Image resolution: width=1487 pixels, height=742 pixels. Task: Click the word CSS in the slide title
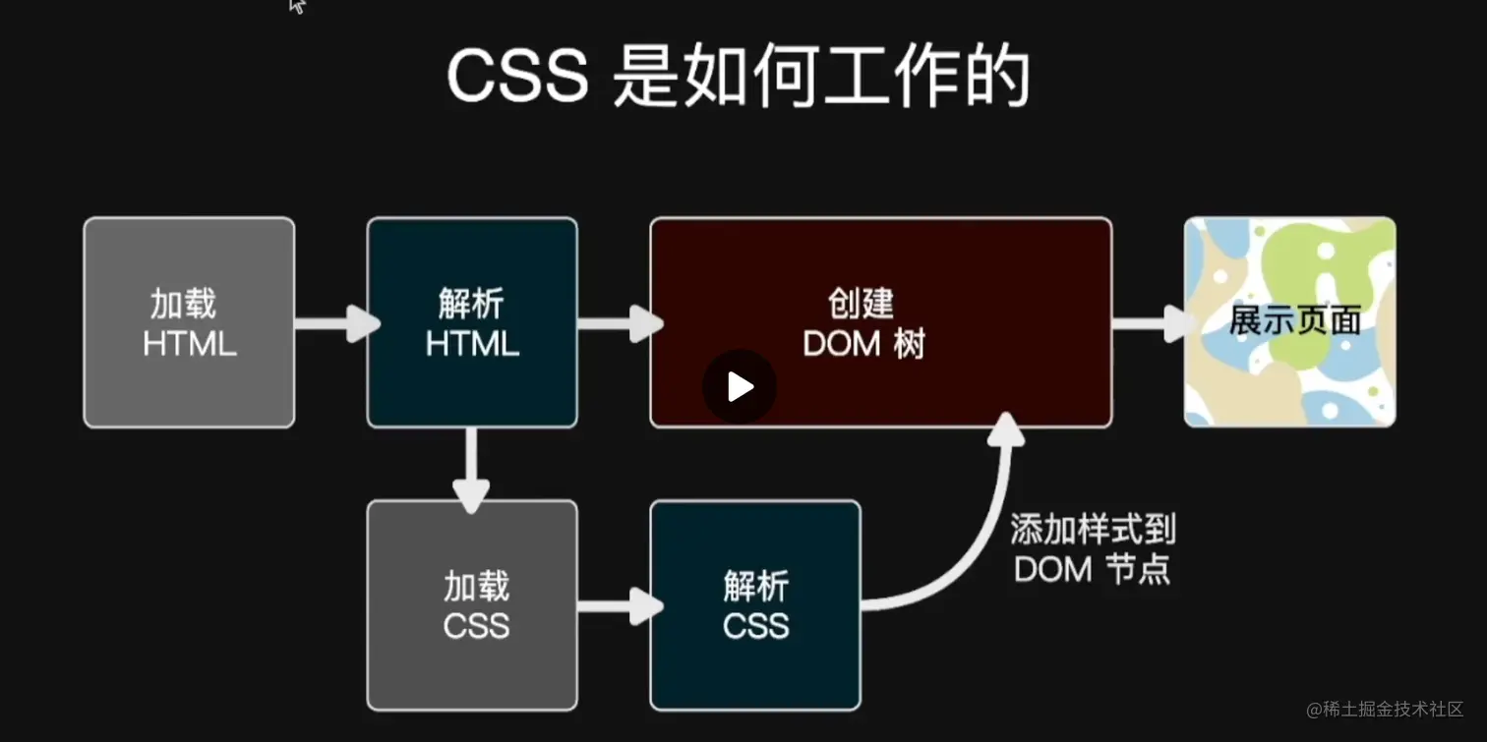click(517, 78)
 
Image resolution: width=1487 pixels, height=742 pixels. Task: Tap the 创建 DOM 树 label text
click(863, 323)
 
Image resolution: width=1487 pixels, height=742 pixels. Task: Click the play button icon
click(740, 387)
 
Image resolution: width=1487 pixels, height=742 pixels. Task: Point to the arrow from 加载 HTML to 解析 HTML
click(335, 322)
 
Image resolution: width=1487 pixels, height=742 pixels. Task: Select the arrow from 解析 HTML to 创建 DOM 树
click(619, 322)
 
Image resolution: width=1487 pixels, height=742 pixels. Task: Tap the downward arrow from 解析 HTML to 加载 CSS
click(471, 470)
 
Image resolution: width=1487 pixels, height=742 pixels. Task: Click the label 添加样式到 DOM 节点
click(1093, 550)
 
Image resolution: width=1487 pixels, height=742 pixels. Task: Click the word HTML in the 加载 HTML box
click(189, 344)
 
